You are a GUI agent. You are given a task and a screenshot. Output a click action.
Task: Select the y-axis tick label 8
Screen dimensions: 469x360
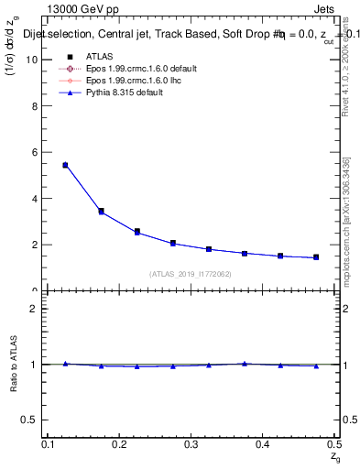(34, 106)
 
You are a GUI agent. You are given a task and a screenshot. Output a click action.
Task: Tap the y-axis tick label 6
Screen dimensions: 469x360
(34, 153)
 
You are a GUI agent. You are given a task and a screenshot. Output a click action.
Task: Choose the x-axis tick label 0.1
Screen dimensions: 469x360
(49, 444)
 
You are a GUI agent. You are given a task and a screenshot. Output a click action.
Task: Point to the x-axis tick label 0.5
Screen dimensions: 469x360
(333, 444)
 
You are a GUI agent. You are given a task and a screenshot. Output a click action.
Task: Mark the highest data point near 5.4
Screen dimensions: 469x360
(65, 165)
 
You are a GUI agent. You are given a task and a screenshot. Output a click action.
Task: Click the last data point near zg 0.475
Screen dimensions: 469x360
(316, 257)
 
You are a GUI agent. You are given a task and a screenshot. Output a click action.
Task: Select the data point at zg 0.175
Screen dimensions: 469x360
(101, 211)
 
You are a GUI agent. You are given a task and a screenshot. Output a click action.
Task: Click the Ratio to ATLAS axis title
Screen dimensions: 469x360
(13, 364)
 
